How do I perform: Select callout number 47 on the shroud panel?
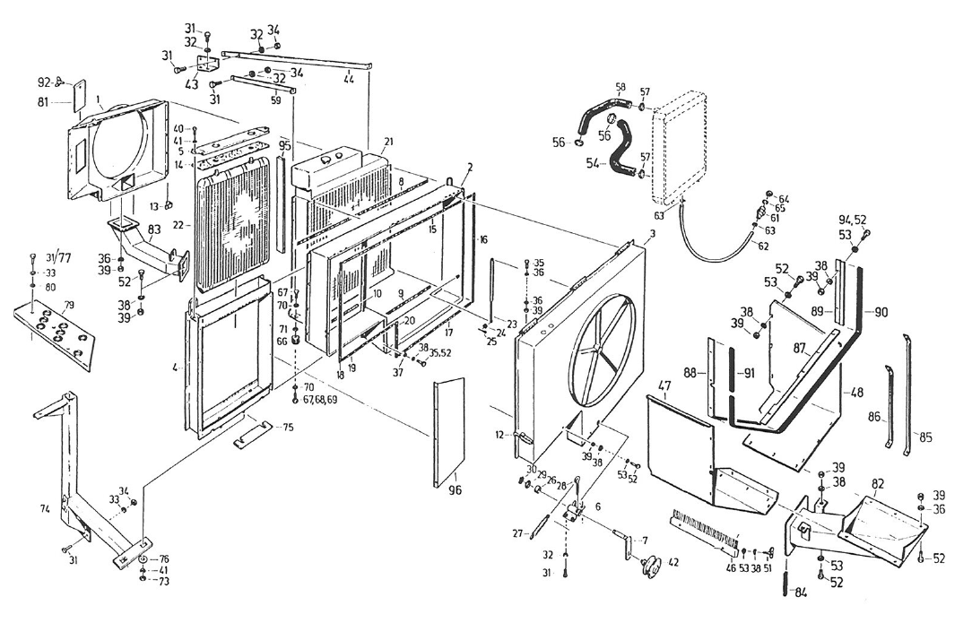[664, 387]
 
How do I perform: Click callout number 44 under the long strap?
[347, 80]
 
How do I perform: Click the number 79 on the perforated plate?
[70, 307]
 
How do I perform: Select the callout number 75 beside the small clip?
[287, 428]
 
